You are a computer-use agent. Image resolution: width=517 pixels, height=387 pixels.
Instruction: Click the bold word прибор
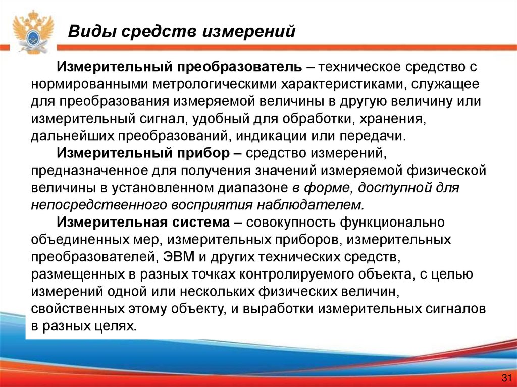pos(197,152)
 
